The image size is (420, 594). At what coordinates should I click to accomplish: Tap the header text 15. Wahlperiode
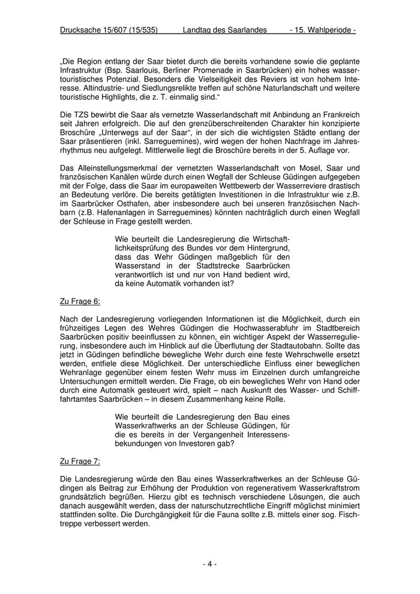[x=324, y=30]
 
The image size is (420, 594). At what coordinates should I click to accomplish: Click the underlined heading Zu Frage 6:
[x=80, y=301]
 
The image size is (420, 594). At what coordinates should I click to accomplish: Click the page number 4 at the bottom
[x=209, y=563]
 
